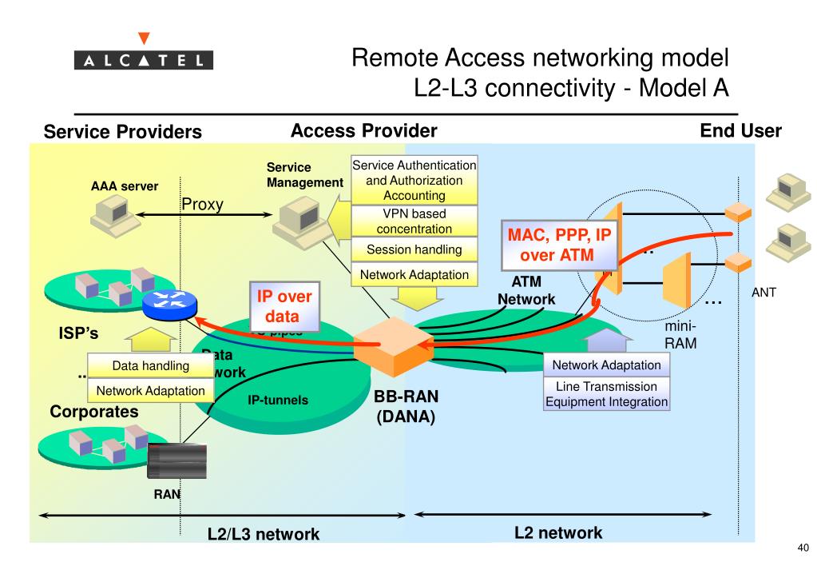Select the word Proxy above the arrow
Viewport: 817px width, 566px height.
[202, 204]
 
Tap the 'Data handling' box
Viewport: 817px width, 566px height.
[150, 367]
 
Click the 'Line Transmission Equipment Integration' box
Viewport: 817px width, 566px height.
[606, 394]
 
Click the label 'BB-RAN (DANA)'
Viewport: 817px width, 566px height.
[407, 407]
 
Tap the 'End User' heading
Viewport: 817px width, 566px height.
[740, 131]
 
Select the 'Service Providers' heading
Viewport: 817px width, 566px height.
[122, 132]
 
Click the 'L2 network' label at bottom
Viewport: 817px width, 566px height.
[559, 532]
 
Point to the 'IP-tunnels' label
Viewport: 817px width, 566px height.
[278, 401]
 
